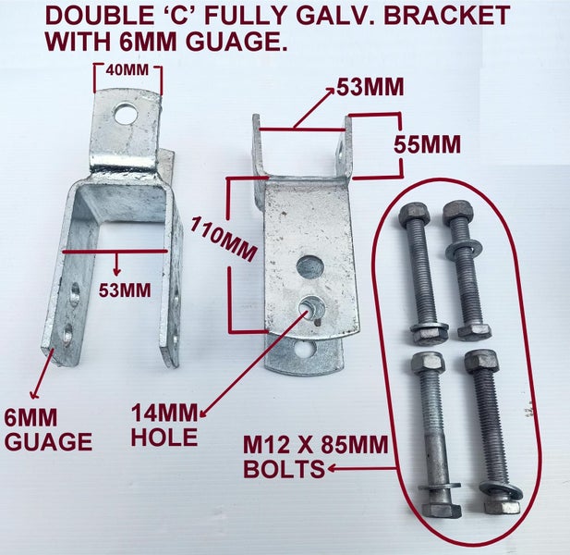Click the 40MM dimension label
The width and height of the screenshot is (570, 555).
point(127,70)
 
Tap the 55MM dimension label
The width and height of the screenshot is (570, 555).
point(428,144)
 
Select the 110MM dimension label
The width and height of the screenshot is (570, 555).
point(224,239)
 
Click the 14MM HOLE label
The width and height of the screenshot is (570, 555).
point(164,425)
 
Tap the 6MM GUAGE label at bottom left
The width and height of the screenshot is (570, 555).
point(48,429)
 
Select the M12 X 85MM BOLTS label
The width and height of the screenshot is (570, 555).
point(316,457)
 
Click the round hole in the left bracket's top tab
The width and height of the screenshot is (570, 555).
point(127,114)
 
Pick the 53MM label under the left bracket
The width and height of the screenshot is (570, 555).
point(125,290)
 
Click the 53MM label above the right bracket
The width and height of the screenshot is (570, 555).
point(370,87)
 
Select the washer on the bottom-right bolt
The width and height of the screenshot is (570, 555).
point(501,491)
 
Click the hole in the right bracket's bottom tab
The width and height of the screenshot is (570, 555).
point(304,350)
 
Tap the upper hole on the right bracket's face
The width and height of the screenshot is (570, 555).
point(310,267)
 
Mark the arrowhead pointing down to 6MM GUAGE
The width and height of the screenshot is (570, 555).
point(35,394)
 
